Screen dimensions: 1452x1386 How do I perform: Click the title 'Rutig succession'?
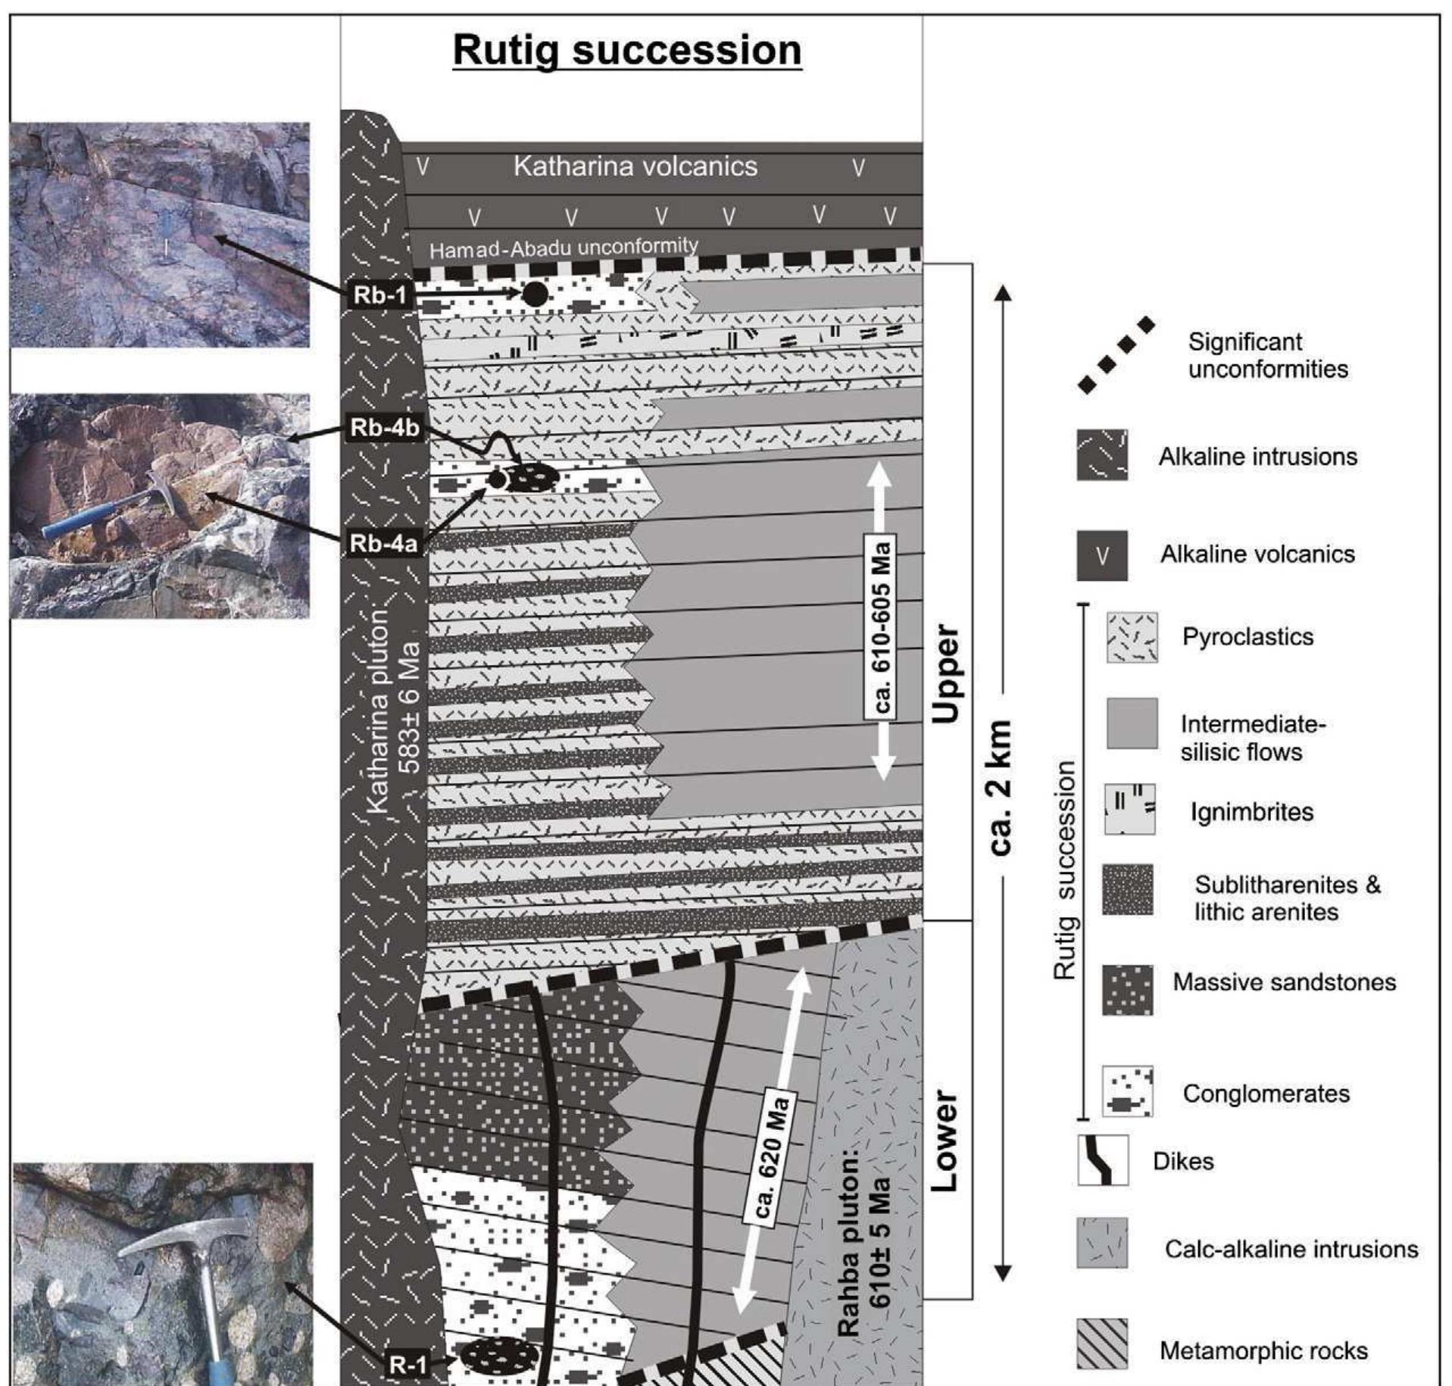[x=627, y=51]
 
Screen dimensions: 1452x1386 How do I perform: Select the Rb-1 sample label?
[x=381, y=295]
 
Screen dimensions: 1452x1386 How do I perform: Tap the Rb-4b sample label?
[x=385, y=428]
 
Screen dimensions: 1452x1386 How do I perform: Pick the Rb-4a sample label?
[x=384, y=543]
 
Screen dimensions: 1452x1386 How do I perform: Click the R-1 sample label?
[x=408, y=1365]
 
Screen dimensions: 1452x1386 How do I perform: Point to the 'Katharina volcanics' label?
[x=635, y=167]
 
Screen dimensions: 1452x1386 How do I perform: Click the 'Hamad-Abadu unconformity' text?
[x=564, y=248]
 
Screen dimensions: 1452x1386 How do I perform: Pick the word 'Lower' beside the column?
[x=944, y=1141]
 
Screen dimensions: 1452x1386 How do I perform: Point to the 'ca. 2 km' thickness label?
[x=1001, y=788]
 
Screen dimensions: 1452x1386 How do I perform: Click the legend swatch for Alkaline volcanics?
[x=1102, y=555]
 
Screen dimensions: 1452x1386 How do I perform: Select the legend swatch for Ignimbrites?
[x=1130, y=810]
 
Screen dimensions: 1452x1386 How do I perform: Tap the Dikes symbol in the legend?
[x=1103, y=1160]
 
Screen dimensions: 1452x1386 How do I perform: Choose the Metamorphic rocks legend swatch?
[x=1102, y=1344]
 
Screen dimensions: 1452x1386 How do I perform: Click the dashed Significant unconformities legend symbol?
[x=1116, y=355]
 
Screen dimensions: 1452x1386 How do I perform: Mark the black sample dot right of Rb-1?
[x=535, y=294]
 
